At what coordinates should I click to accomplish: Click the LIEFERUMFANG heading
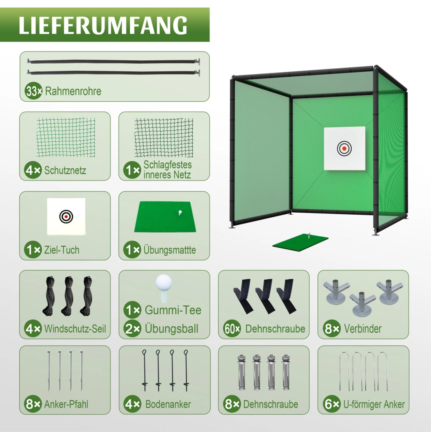tap(103, 25)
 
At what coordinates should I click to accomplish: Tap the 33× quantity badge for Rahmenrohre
tap(33, 91)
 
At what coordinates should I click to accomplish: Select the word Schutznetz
tap(65, 170)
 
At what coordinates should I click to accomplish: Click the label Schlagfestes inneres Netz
tap(167, 170)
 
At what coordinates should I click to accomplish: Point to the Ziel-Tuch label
tap(62, 250)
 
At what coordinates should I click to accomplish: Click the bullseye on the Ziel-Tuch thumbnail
tap(66, 217)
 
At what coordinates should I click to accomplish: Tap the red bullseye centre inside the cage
tap(344, 148)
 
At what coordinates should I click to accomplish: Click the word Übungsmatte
tap(170, 250)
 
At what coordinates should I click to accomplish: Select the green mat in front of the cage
tap(300, 242)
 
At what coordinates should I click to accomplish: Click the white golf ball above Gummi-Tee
tap(164, 283)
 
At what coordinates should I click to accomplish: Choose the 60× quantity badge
tap(232, 329)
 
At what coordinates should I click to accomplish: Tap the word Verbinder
tap(363, 328)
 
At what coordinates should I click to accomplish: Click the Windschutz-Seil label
tap(75, 328)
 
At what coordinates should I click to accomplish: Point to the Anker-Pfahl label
tap(66, 404)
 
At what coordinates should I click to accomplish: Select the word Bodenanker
tap(168, 404)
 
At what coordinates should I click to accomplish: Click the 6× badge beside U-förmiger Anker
tap(332, 404)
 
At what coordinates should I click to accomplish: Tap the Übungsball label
tap(172, 328)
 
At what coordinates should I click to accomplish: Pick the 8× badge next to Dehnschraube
tap(232, 404)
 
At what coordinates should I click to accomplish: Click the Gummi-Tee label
tap(173, 310)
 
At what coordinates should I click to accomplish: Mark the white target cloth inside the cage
tap(345, 148)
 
